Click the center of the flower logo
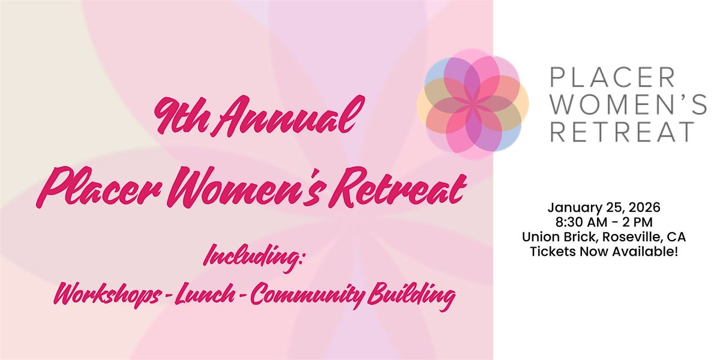tap(473, 104)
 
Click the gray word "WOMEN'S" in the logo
tap(628, 105)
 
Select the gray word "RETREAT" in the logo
tap(622, 131)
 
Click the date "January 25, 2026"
tap(604, 208)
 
